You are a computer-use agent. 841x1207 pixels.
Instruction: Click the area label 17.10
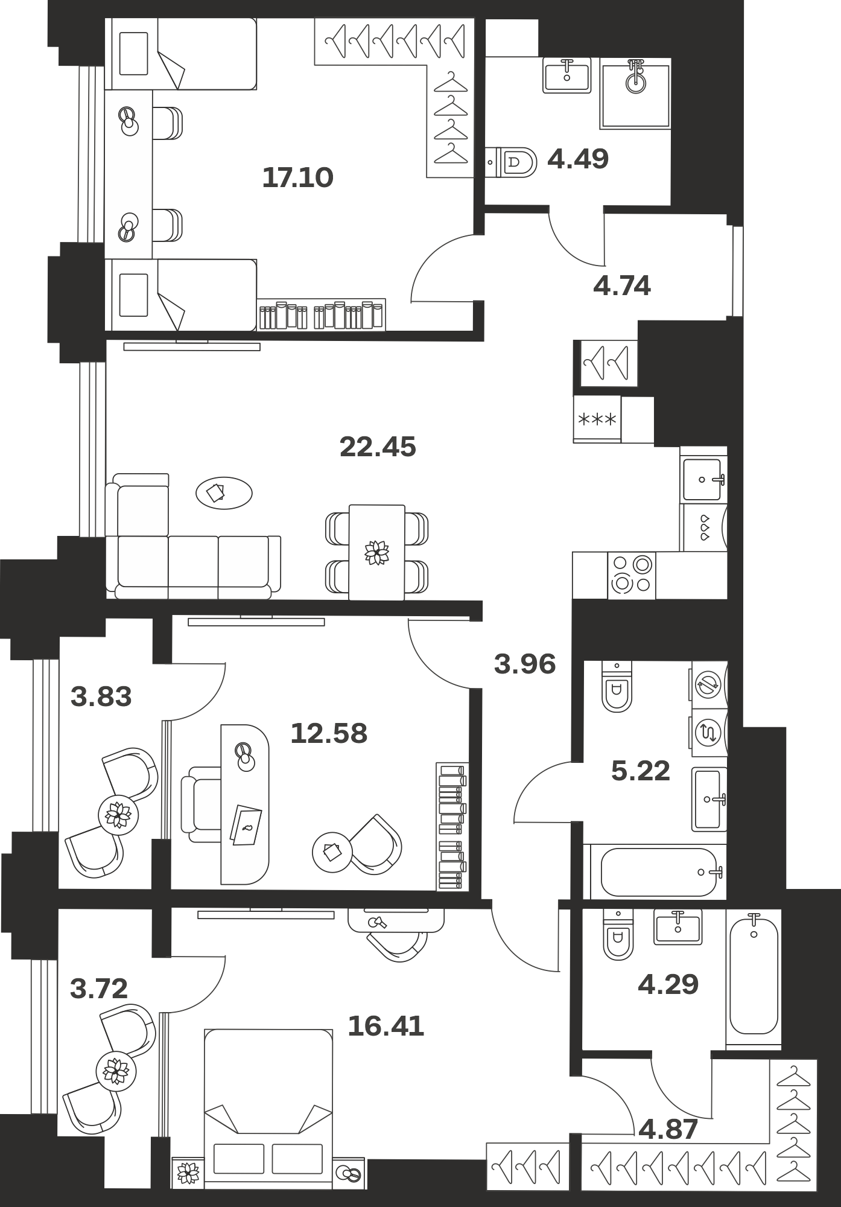point(298,177)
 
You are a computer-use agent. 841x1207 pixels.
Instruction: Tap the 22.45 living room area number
point(378,447)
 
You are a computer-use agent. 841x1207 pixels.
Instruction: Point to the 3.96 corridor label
point(525,664)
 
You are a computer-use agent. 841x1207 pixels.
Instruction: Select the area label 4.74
point(622,286)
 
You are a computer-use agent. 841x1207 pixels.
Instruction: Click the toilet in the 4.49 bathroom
point(512,162)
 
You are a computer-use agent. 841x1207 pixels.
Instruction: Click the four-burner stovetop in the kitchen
point(632,575)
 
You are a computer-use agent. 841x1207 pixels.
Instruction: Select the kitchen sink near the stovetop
point(703,479)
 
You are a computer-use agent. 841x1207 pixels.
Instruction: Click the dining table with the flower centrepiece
point(377,552)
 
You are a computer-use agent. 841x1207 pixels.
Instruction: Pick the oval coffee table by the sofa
point(224,493)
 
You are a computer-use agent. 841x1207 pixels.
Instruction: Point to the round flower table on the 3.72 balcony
point(116,1072)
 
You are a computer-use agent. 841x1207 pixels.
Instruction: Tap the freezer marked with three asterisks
point(597,419)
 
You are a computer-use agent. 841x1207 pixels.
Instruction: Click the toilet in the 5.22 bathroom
point(617,686)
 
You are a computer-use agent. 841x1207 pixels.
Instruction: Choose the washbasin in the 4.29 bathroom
point(678,926)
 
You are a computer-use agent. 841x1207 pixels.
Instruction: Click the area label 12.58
point(329,734)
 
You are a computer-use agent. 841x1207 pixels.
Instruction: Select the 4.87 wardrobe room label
point(668,1129)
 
